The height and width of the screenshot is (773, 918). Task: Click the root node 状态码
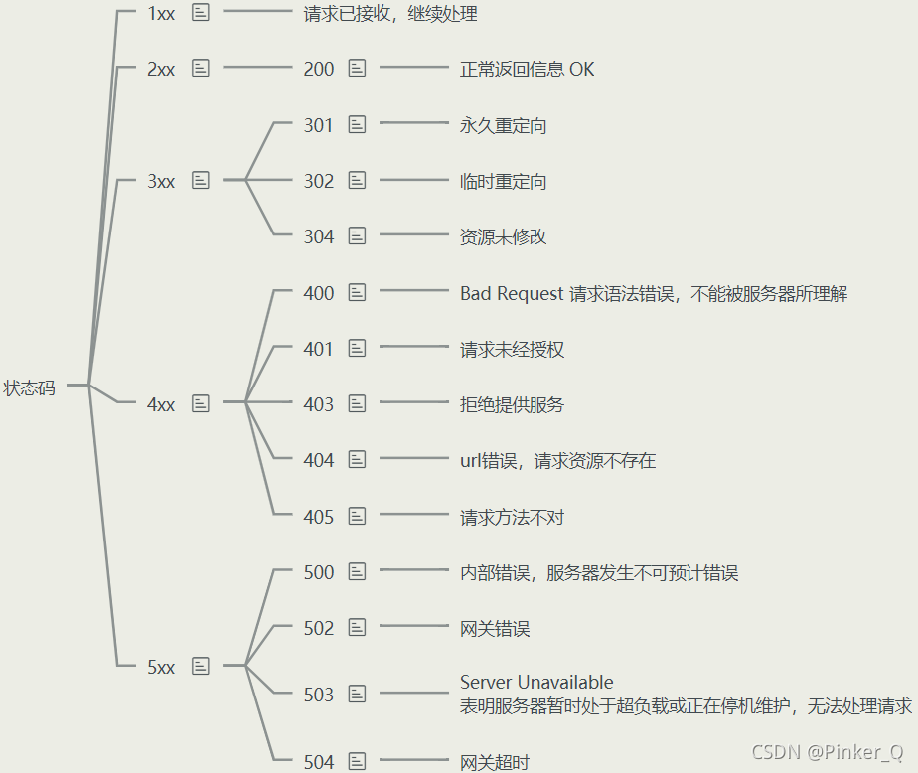(30, 388)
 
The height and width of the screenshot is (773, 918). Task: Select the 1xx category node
(161, 13)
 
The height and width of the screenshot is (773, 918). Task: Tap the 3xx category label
(161, 181)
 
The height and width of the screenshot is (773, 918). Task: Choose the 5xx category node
(161, 667)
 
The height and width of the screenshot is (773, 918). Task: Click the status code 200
(319, 69)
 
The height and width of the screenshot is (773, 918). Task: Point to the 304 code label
(319, 236)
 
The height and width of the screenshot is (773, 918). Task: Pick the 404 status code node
(319, 460)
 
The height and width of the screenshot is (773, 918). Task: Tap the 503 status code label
(319, 695)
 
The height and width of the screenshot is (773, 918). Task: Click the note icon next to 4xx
(201, 403)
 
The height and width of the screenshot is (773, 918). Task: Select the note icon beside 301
(358, 124)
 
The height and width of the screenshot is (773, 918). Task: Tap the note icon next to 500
(358, 571)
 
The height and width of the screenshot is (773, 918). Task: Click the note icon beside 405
(358, 516)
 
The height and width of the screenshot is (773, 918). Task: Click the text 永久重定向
(503, 126)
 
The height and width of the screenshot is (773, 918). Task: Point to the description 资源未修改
(503, 237)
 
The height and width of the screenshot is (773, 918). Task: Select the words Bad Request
(512, 294)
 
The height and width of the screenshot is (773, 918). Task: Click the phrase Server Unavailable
(536, 683)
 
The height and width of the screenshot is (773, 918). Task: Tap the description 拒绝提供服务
(512, 405)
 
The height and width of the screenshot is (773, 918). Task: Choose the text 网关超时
(495, 763)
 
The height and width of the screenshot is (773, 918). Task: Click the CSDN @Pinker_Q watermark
(828, 752)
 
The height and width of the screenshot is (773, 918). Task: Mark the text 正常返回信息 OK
(528, 70)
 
